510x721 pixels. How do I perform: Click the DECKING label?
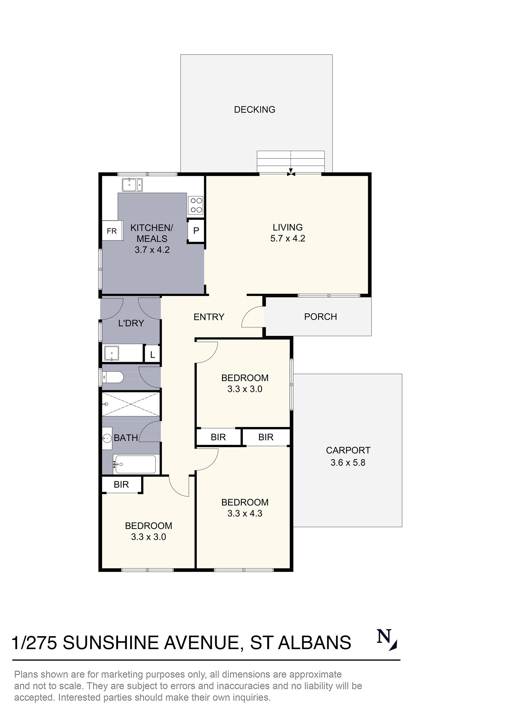[254, 110]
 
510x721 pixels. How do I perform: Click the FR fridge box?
[112, 231]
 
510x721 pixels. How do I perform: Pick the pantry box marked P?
[196, 231]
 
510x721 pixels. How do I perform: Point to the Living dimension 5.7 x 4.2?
[288, 238]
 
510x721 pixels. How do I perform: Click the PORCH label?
[320, 317]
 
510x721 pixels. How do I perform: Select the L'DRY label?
[131, 323]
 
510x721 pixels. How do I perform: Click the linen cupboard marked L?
[152, 355]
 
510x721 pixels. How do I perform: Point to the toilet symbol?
[113, 377]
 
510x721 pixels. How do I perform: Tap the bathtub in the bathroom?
[135, 464]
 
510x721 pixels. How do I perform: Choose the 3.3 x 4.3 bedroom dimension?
[245, 514]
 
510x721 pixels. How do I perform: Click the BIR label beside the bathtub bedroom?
[121, 484]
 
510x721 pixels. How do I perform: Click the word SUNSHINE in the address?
[110, 643]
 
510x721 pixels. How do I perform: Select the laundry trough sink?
[111, 353]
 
